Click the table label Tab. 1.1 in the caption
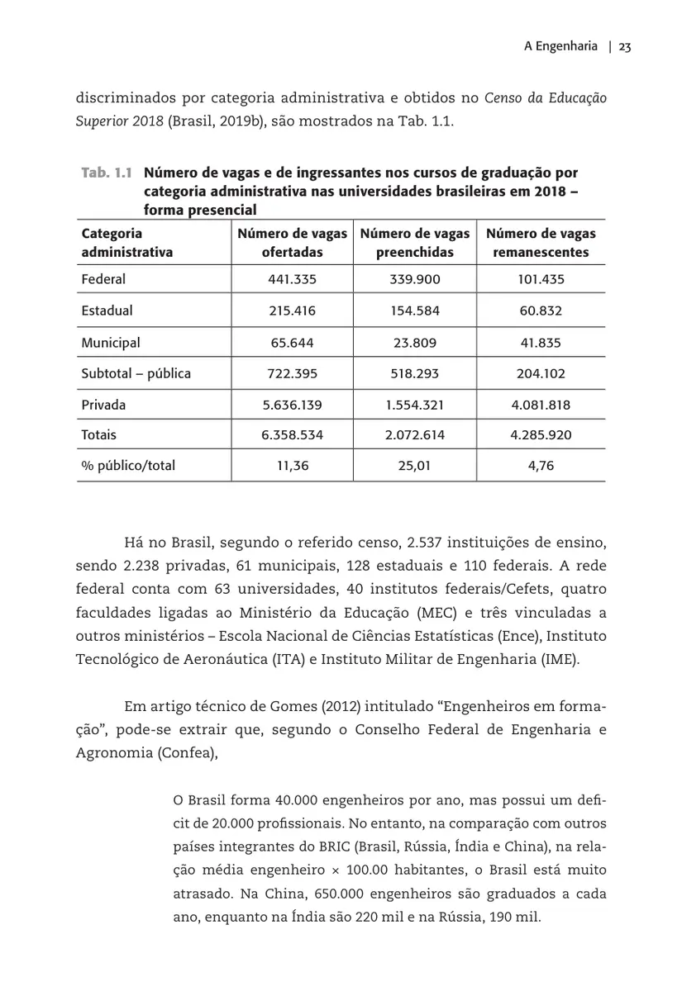click(x=107, y=173)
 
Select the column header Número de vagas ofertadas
click(x=292, y=243)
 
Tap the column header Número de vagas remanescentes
click(x=541, y=243)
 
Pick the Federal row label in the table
click(x=103, y=279)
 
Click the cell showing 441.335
click(x=292, y=279)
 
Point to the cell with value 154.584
click(x=414, y=311)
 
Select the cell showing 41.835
click(x=541, y=342)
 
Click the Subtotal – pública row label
click(x=136, y=373)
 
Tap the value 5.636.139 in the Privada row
click(x=292, y=405)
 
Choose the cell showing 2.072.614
click(x=414, y=434)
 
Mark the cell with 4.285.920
click(x=541, y=434)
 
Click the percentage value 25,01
click(x=414, y=466)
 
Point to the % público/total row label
click(x=128, y=466)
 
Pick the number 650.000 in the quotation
click(x=332, y=894)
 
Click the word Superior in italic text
click(x=100, y=121)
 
